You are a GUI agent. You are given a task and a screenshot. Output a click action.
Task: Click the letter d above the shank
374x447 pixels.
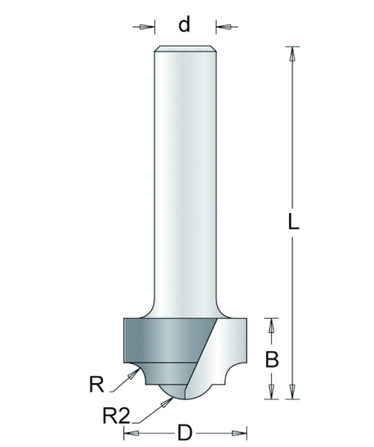[x=184, y=24]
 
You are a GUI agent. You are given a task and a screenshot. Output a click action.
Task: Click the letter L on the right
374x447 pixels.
[x=293, y=222]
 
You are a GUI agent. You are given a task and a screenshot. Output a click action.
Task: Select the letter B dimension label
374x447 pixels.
[x=272, y=360]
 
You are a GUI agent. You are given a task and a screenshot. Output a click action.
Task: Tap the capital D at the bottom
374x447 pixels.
[x=185, y=434]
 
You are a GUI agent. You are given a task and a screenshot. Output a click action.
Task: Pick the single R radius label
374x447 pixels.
[x=97, y=385]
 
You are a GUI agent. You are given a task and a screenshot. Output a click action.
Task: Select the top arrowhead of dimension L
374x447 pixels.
[x=292, y=54]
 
